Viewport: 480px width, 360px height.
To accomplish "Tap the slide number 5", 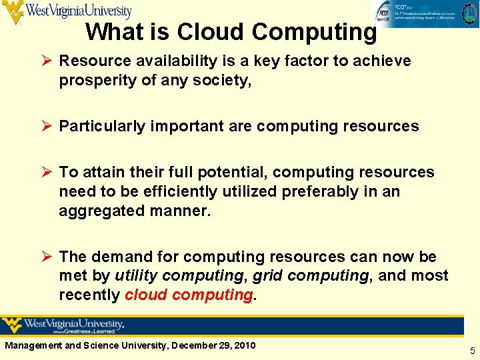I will tap(472, 351).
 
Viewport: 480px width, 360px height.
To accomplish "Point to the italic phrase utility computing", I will tap(178, 275).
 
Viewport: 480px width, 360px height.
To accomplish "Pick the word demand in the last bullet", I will tap(119, 257).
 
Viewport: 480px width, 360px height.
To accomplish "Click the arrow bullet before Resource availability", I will tap(49, 61).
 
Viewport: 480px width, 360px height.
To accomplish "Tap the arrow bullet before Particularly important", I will tap(49, 126).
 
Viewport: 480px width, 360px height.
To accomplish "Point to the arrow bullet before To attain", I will tap(49, 172).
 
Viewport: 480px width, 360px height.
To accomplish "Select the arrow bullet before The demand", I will tap(49, 257).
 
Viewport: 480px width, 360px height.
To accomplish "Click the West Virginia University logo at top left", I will tap(67, 11).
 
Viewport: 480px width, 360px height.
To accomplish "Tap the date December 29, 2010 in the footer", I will tap(212, 345).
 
